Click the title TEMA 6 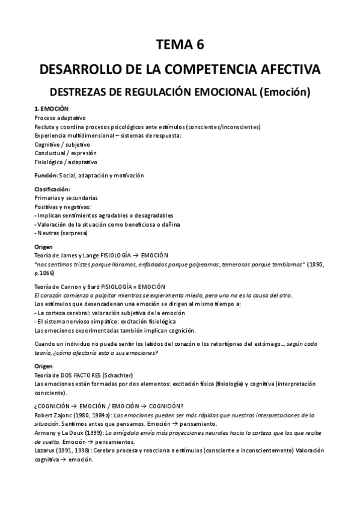click(180, 43)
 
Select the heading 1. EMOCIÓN click(52, 108)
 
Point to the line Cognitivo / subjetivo click(62, 144)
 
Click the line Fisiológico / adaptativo click(66, 162)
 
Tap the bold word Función click(46, 176)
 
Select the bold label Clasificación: click(52, 189)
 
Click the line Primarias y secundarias click(66, 198)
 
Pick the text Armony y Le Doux click(59, 433)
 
